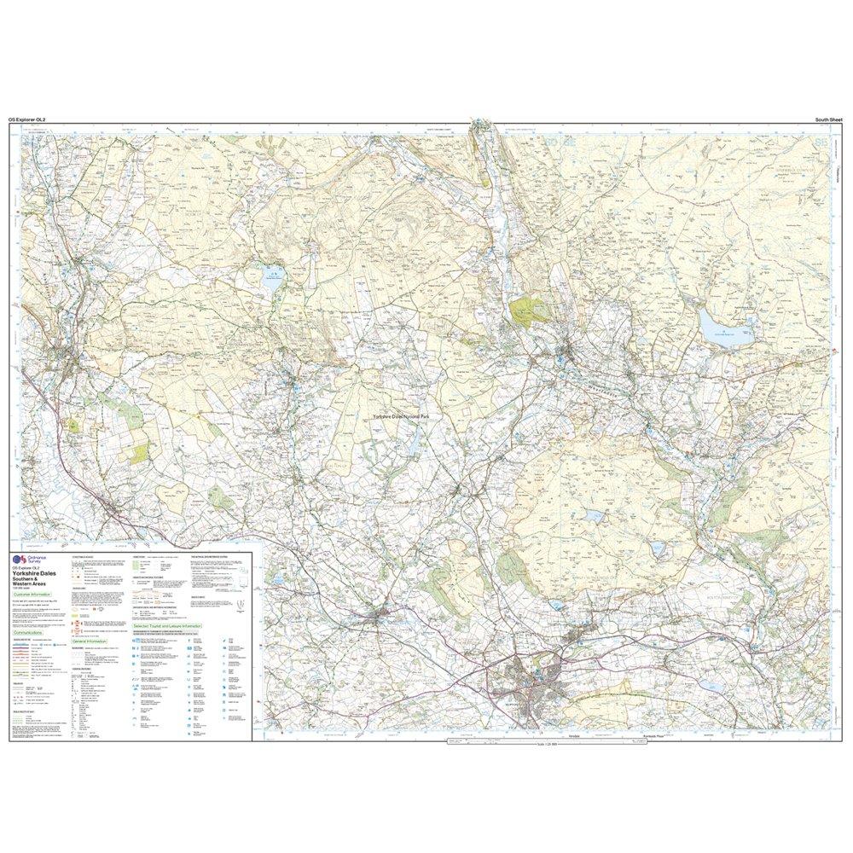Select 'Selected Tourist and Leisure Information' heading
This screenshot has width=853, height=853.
167,625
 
